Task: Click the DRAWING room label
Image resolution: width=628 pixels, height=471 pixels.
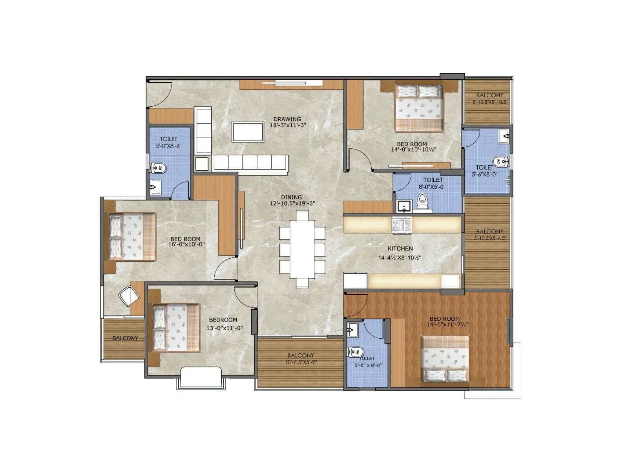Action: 287,119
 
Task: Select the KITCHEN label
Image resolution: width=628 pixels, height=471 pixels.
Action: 400,248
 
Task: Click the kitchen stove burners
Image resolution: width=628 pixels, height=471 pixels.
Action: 402,225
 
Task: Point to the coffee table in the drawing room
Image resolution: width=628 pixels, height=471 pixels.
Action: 247,131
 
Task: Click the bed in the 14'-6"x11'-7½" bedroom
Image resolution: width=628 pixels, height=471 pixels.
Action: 445,359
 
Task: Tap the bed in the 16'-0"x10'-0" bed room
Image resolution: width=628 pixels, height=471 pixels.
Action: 132,237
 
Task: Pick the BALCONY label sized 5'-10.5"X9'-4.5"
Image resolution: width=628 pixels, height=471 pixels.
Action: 489,232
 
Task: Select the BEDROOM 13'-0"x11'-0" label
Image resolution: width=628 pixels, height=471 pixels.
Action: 223,319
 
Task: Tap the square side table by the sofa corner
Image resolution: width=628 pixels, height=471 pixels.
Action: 202,163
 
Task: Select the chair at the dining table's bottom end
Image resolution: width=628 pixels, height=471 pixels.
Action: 302,283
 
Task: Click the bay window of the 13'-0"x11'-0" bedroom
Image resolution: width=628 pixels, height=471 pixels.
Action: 201,378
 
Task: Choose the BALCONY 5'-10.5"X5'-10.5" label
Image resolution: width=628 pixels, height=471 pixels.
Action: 489,95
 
